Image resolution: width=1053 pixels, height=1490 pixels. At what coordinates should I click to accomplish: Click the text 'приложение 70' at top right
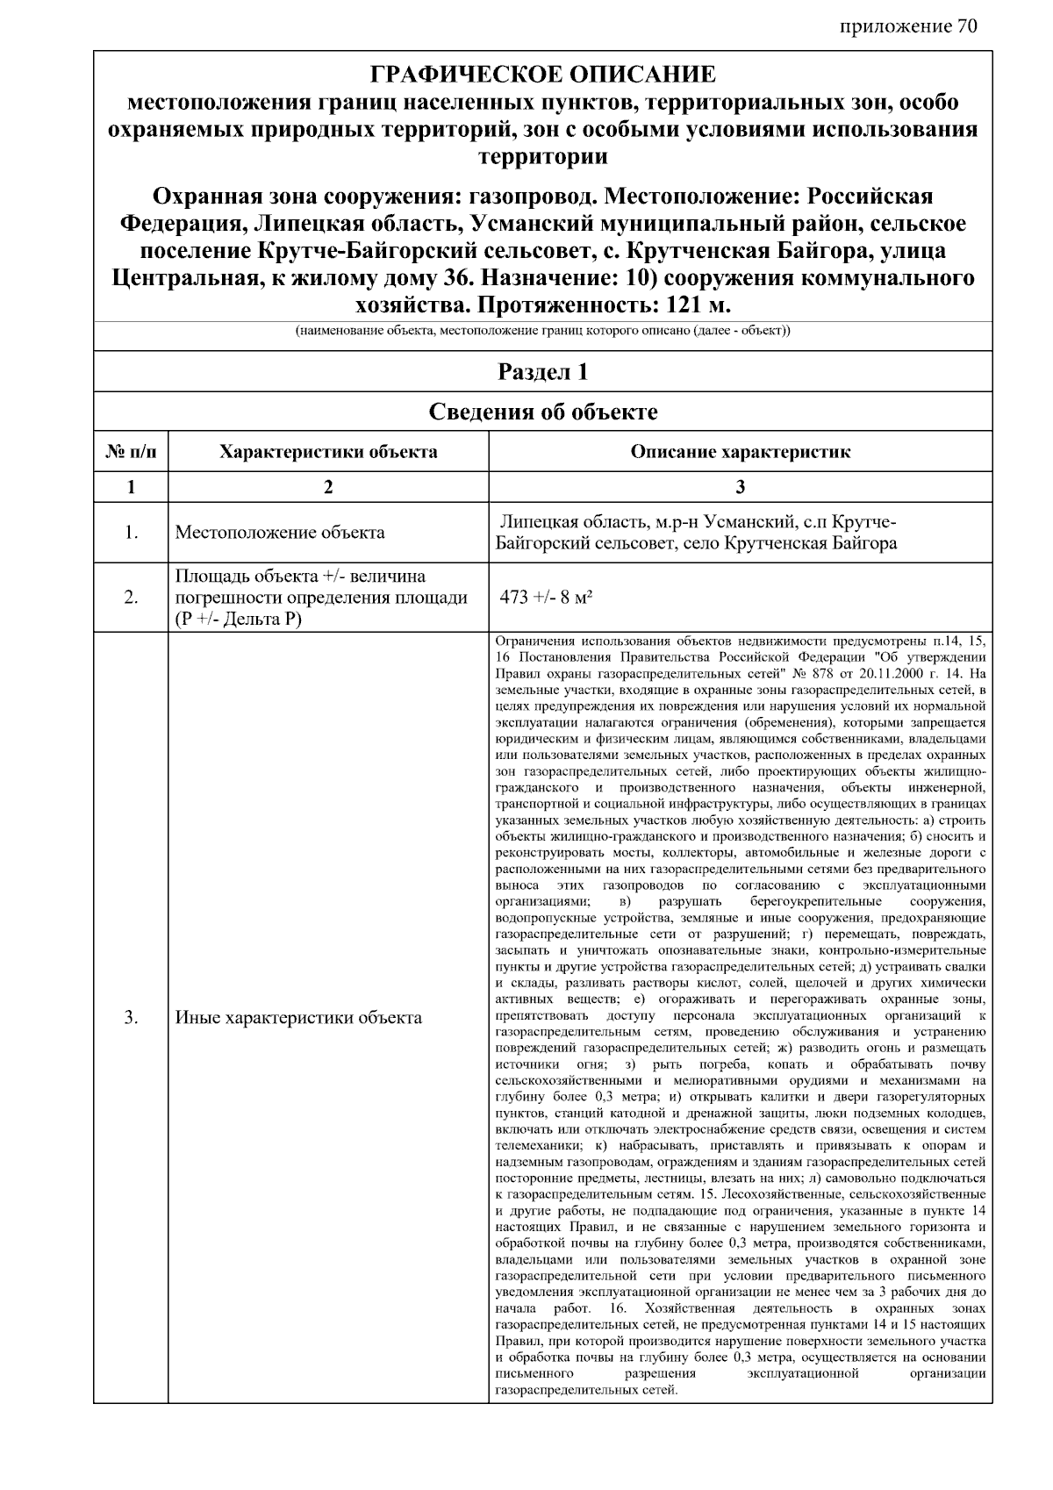click(x=907, y=27)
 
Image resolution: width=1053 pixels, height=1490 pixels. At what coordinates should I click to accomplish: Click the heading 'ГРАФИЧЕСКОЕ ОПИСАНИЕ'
click(x=542, y=74)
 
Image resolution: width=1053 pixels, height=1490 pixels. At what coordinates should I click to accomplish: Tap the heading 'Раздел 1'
click(x=542, y=372)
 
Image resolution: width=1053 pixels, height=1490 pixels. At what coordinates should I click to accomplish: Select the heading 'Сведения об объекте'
click(x=542, y=412)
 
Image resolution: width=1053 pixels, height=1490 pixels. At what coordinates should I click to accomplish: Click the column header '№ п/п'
click(x=131, y=453)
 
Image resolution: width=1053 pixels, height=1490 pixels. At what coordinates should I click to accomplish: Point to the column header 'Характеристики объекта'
click(x=328, y=453)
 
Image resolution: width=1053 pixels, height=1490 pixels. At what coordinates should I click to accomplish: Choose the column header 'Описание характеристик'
click(x=740, y=453)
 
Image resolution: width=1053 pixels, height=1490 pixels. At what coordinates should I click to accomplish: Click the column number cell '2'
click(x=328, y=488)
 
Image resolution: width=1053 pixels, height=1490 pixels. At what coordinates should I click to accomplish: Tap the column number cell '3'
click(x=740, y=488)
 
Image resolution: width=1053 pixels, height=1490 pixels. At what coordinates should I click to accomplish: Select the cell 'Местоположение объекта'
click(x=280, y=533)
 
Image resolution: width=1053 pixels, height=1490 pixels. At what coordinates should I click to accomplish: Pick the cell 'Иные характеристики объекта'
click(x=298, y=1018)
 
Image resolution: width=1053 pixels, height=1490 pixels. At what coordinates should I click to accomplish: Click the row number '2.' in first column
click(x=131, y=598)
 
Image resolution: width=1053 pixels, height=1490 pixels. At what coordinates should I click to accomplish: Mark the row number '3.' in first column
click(x=131, y=1018)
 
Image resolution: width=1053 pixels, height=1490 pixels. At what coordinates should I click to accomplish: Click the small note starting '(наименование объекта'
click(x=542, y=332)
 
